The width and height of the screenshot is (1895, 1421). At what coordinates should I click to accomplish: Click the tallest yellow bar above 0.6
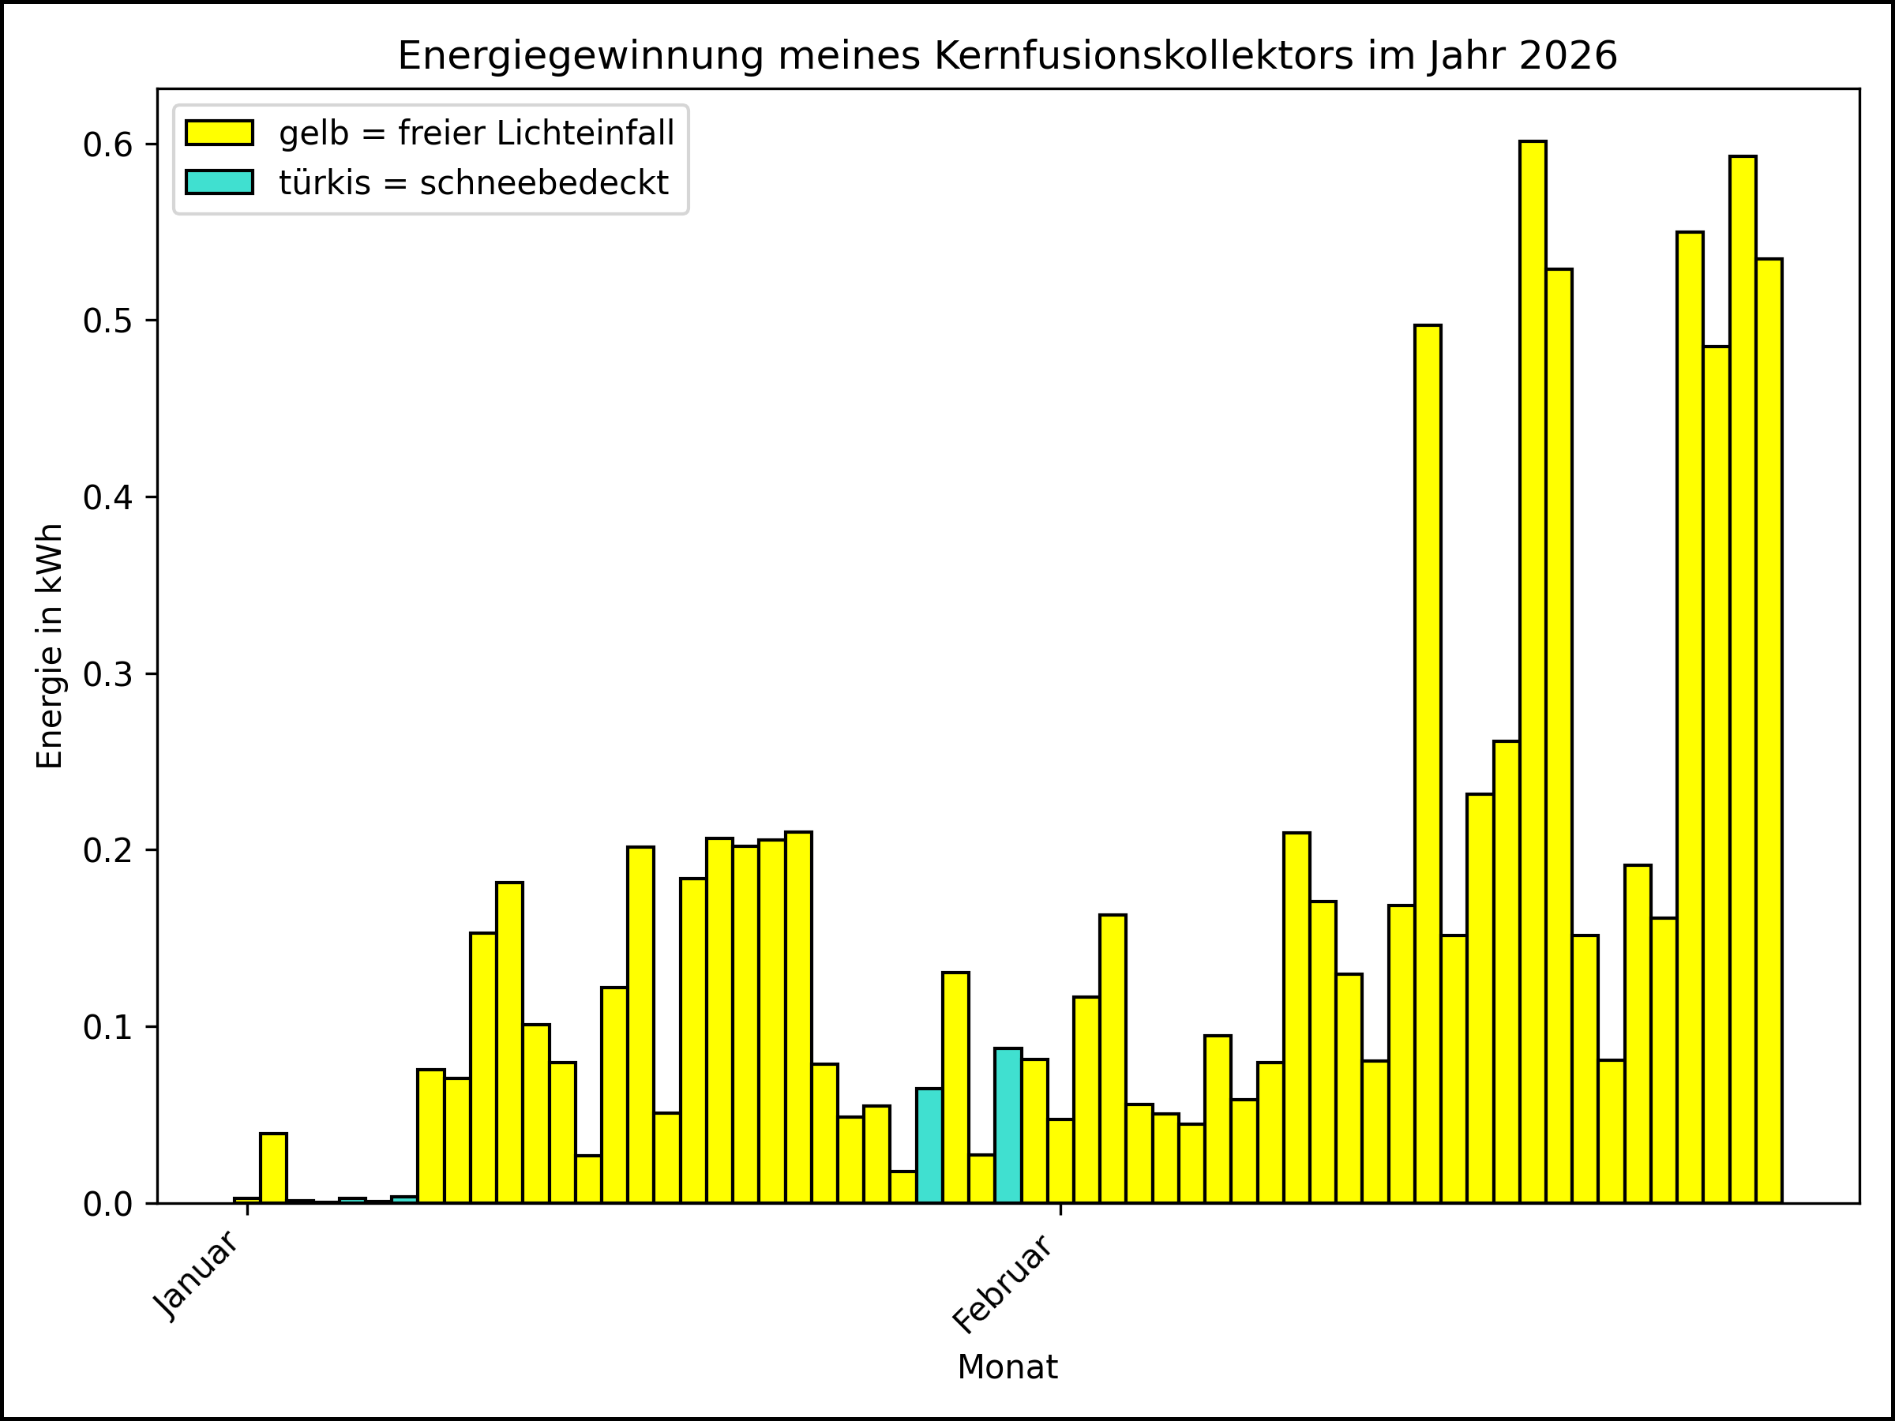(x=1533, y=673)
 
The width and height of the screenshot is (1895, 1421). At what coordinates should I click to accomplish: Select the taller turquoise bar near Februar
(x=1008, y=1126)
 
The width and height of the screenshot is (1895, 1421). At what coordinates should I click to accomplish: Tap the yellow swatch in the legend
(x=220, y=133)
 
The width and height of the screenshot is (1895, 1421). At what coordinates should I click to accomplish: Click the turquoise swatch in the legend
(x=220, y=182)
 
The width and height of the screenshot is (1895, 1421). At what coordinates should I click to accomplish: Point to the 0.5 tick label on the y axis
(x=108, y=321)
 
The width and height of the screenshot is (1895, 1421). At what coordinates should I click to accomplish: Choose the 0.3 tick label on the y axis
(x=108, y=674)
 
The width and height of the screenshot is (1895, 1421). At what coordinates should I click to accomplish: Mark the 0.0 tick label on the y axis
(x=108, y=1204)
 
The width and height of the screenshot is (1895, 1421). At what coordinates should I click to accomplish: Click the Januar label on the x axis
(x=196, y=1277)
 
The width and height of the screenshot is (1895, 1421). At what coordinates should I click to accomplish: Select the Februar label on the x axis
(x=1002, y=1284)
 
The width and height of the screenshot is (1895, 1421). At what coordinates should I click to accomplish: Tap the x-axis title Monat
(x=1008, y=1368)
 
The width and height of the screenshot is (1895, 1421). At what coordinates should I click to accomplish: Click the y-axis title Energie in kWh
(x=50, y=647)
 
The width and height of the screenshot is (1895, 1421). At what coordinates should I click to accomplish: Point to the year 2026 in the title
(x=1568, y=57)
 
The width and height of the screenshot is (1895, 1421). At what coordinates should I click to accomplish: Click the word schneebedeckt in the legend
(x=544, y=183)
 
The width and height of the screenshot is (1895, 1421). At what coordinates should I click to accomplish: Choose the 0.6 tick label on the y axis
(x=108, y=145)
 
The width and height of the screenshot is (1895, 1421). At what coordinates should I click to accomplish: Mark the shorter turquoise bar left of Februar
(x=929, y=1145)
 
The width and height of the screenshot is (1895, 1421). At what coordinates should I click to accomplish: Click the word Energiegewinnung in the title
(x=580, y=57)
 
